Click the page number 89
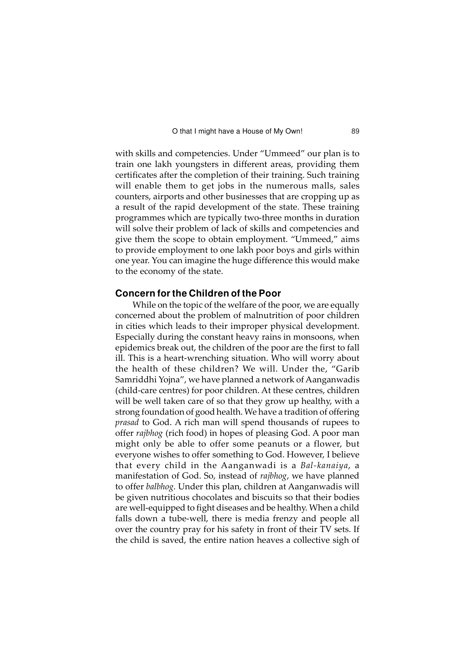(x=355, y=132)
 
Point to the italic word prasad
(x=127, y=423)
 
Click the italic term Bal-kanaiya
(x=324, y=466)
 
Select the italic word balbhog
(x=160, y=487)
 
